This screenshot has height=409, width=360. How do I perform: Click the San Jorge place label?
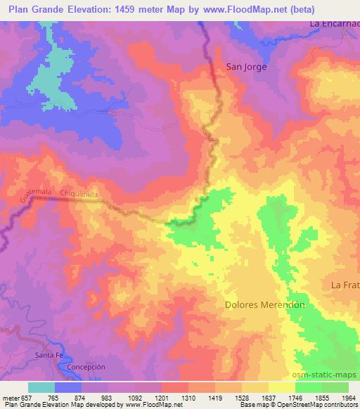[x=246, y=67]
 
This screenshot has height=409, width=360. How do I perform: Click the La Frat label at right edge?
[x=345, y=285]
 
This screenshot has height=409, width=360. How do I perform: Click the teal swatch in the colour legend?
[x=41, y=387]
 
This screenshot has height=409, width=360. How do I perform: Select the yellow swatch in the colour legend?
[x=281, y=387]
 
